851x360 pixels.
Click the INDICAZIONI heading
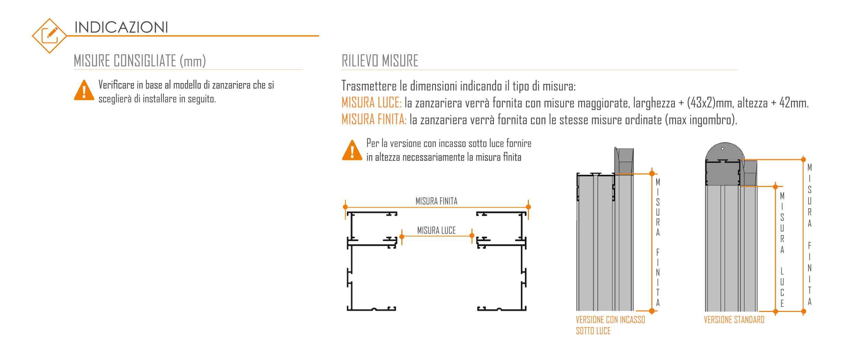point(121,27)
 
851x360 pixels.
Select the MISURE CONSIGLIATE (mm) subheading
point(140,61)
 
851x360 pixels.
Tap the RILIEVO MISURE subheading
point(380,61)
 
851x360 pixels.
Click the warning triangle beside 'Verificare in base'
point(84,91)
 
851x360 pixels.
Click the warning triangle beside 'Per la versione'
point(352,151)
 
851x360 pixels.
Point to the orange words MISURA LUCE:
point(371,103)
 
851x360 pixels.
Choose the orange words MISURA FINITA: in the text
point(374,119)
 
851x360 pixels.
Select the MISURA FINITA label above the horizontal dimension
point(436,201)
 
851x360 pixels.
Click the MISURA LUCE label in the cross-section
point(436,230)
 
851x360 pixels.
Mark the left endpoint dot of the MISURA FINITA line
point(345,207)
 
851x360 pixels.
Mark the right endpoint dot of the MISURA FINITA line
point(528,207)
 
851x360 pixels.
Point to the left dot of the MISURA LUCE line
point(402,236)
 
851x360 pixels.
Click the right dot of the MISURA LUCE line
point(472,235)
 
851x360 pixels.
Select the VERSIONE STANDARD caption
point(734,320)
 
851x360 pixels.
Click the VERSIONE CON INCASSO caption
point(610,320)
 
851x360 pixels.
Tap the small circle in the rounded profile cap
point(723,149)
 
